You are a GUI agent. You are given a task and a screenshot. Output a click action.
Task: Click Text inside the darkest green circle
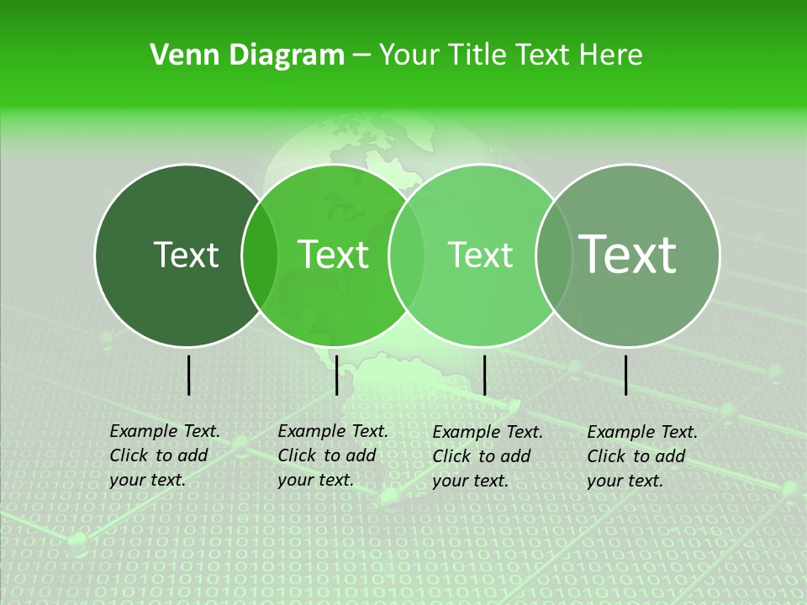tap(187, 255)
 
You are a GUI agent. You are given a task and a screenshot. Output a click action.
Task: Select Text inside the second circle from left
tap(334, 255)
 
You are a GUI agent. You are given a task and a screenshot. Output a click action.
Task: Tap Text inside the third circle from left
tap(481, 255)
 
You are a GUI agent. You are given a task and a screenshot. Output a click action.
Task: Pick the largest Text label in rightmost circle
tap(628, 254)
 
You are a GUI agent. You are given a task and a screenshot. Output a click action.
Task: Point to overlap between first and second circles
tap(260, 255)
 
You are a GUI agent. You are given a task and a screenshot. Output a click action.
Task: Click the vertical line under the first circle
tap(188, 375)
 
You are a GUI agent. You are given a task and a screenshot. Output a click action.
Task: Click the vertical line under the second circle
tap(336, 375)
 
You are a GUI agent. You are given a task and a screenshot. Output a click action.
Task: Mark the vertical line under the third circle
tap(484, 375)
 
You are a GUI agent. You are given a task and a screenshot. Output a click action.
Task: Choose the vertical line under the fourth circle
tap(626, 375)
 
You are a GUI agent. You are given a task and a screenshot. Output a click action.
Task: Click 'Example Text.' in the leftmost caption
tap(165, 431)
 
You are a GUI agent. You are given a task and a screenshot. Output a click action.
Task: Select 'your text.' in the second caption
tap(315, 480)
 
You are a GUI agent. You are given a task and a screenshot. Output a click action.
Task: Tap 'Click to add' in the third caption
tap(482, 456)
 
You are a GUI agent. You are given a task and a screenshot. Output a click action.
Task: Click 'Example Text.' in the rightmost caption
tap(642, 432)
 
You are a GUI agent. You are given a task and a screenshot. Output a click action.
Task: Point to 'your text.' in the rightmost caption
tap(625, 481)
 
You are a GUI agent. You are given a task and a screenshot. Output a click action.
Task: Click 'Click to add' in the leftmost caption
tap(159, 455)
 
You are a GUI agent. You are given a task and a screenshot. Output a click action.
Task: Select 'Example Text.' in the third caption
tap(488, 432)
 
